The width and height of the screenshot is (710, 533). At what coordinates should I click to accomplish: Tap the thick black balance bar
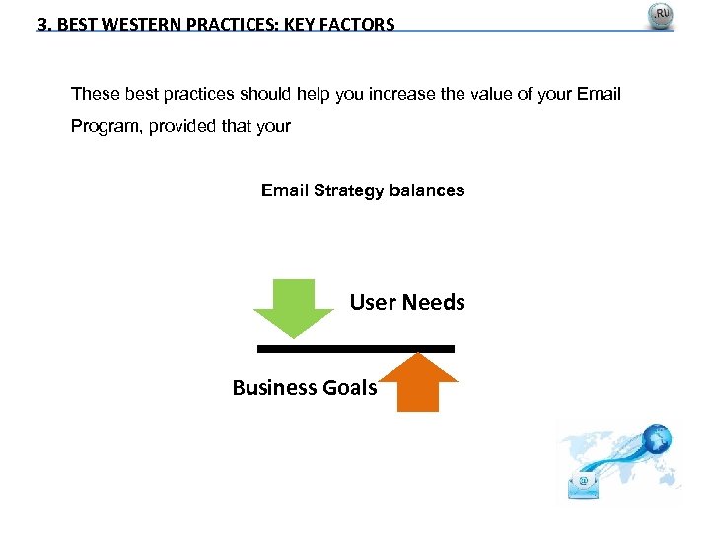coord(355,348)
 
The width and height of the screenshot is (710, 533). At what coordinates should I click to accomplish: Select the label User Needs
coord(406,303)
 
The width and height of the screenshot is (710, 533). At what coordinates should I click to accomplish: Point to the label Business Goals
coord(304,388)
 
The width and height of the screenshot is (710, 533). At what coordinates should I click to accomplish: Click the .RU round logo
coord(660,17)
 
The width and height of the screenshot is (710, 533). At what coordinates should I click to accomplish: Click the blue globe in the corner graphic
coord(654,438)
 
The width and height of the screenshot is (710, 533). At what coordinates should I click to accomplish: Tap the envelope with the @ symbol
coord(584,483)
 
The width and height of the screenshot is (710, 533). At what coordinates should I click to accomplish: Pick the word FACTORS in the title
coord(359,24)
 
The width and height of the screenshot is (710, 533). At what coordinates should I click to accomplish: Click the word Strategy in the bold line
coord(344,190)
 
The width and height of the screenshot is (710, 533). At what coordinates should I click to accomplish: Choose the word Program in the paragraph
coord(106,127)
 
